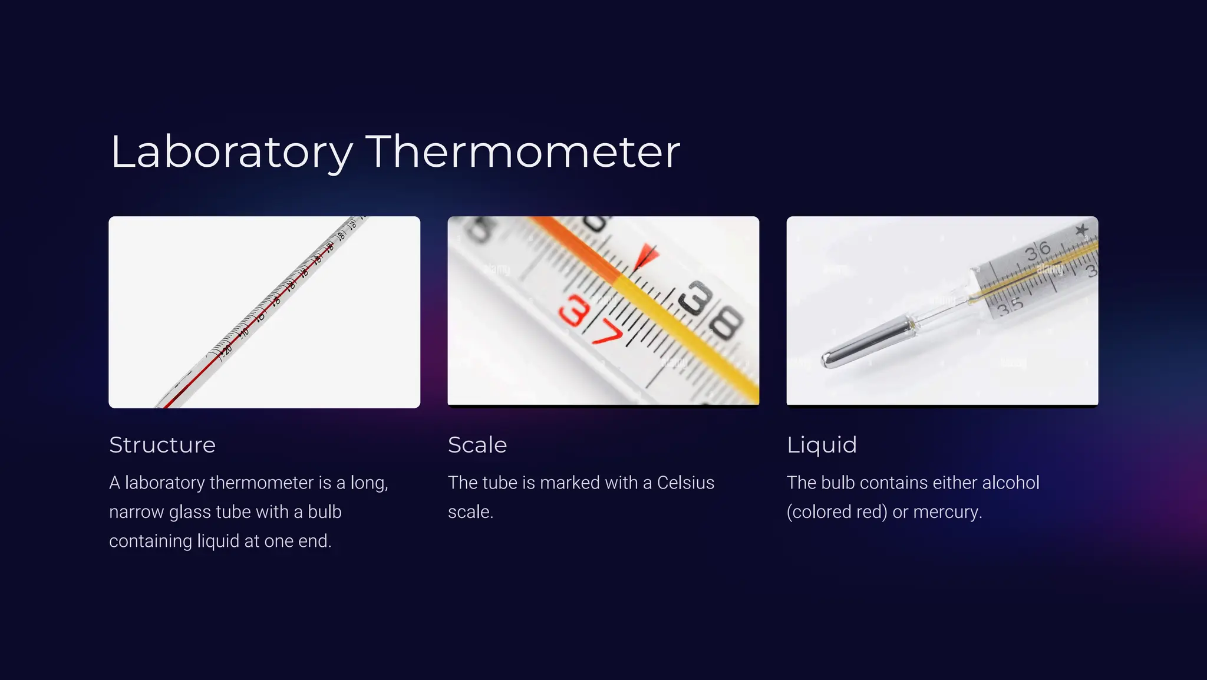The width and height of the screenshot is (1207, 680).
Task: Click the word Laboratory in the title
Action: pyautogui.click(x=231, y=152)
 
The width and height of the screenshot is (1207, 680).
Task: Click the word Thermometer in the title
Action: pyautogui.click(x=523, y=152)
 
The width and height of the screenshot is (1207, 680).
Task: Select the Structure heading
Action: pyautogui.click(x=162, y=445)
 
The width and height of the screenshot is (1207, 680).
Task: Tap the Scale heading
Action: pyautogui.click(x=477, y=445)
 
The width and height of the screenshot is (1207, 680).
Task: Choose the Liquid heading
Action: pyautogui.click(x=822, y=445)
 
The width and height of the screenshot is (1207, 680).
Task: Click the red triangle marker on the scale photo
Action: pyautogui.click(x=647, y=256)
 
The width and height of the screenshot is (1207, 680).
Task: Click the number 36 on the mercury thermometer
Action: pyautogui.click(x=1037, y=251)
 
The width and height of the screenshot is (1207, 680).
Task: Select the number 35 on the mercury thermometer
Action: pyautogui.click(x=1010, y=306)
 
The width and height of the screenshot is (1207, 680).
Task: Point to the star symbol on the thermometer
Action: pyautogui.click(x=1081, y=229)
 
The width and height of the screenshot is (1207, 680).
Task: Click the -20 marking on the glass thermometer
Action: pyautogui.click(x=227, y=351)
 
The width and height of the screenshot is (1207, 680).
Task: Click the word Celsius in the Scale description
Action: pyautogui.click(x=685, y=483)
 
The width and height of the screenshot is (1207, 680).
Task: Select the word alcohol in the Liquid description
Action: pyautogui.click(x=1010, y=483)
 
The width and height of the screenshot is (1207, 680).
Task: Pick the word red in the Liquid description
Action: pyautogui.click(x=872, y=512)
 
